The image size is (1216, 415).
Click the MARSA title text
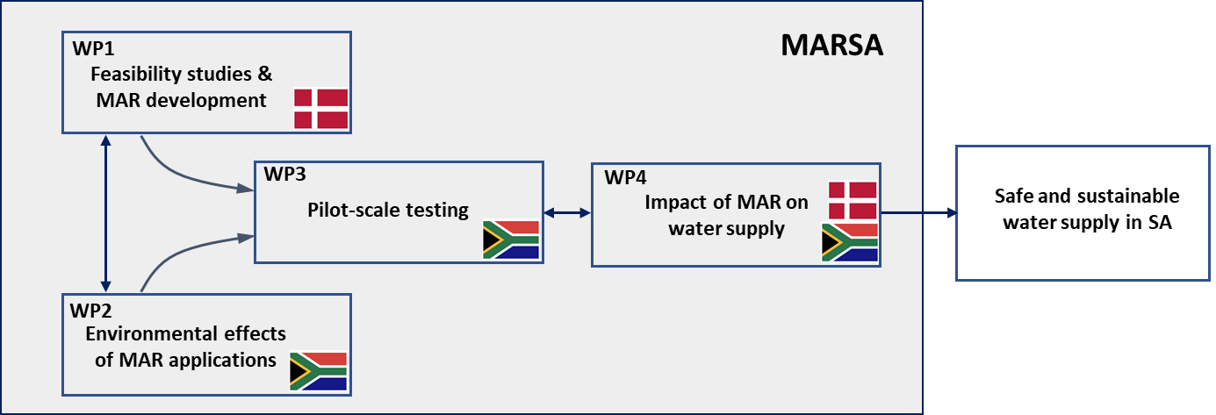point(831,46)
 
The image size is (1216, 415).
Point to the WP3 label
point(284,174)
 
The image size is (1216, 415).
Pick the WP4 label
point(625,176)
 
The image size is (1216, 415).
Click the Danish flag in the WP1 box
point(320,108)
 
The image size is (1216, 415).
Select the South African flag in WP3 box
point(510,239)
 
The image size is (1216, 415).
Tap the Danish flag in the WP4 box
point(852,200)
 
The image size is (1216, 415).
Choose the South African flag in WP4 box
point(849,242)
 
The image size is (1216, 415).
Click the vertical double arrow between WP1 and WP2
point(106,212)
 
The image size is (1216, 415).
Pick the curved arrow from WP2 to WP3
point(184,254)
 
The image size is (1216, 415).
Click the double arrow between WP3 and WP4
point(566,212)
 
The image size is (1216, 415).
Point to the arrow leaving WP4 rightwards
point(917,212)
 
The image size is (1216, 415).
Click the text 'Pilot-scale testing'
point(387,211)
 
